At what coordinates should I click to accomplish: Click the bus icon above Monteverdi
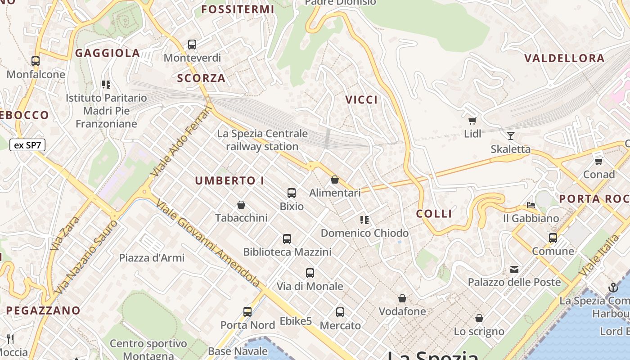pyautogui.click(x=192, y=45)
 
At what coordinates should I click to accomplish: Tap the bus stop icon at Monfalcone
pyautogui.click(x=36, y=61)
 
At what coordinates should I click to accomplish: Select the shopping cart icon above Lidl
pyautogui.click(x=472, y=120)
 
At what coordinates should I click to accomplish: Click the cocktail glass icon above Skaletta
pyautogui.click(x=511, y=136)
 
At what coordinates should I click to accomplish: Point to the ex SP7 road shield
pyautogui.click(x=27, y=145)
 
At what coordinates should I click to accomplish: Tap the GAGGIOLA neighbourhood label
pyautogui.click(x=108, y=53)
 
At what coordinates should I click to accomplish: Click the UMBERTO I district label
pyautogui.click(x=229, y=181)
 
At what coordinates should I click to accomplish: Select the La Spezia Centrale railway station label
pyautogui.click(x=262, y=140)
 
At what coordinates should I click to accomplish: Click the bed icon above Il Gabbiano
pyautogui.click(x=531, y=205)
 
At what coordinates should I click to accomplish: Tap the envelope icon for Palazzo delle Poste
pyautogui.click(x=514, y=270)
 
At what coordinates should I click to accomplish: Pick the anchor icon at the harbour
pyautogui.click(x=613, y=288)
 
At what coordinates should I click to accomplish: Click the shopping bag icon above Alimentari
pyautogui.click(x=335, y=180)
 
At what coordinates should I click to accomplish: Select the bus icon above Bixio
pyautogui.click(x=292, y=193)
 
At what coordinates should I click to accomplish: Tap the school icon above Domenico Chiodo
pyautogui.click(x=364, y=220)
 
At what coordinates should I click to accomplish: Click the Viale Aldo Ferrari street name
pyautogui.click(x=182, y=140)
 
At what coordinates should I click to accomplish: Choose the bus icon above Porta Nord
pyautogui.click(x=247, y=311)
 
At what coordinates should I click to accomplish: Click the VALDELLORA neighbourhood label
pyautogui.click(x=564, y=58)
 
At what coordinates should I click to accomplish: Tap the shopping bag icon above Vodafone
pyautogui.click(x=402, y=298)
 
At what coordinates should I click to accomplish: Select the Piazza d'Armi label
pyautogui.click(x=152, y=258)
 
